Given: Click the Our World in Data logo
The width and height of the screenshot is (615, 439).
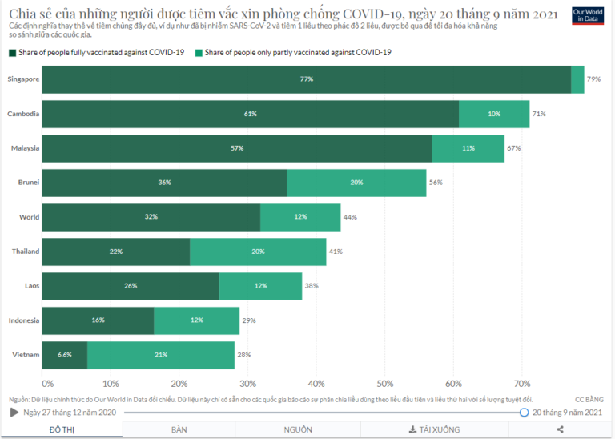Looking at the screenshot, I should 588,15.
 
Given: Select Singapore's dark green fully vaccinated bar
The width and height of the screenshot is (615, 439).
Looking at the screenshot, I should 306,79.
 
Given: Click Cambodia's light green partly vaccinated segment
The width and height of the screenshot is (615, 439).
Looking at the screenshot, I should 494,114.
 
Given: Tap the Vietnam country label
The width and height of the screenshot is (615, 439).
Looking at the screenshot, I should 24,355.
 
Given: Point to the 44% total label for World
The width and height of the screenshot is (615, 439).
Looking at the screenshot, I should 350,217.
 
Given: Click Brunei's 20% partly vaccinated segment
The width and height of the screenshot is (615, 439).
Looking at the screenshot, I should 356,183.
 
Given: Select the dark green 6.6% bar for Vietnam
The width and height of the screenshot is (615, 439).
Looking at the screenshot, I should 64,355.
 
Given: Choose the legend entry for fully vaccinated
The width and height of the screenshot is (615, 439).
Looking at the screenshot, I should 96,53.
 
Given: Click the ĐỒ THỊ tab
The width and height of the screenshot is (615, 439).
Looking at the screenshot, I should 62,429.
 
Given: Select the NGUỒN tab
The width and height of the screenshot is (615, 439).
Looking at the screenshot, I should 298,429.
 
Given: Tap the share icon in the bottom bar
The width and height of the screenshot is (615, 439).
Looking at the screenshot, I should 560,429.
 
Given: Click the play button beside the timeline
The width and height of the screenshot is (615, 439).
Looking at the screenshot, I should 14,413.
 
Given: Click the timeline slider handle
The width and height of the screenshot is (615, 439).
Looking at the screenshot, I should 525,413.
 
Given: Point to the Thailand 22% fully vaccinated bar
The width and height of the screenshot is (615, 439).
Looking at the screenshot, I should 116,252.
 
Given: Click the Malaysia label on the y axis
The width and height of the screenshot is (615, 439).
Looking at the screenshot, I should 25,148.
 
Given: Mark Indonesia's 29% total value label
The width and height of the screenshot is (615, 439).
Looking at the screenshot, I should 249,320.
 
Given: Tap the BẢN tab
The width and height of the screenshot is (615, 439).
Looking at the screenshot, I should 179,429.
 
